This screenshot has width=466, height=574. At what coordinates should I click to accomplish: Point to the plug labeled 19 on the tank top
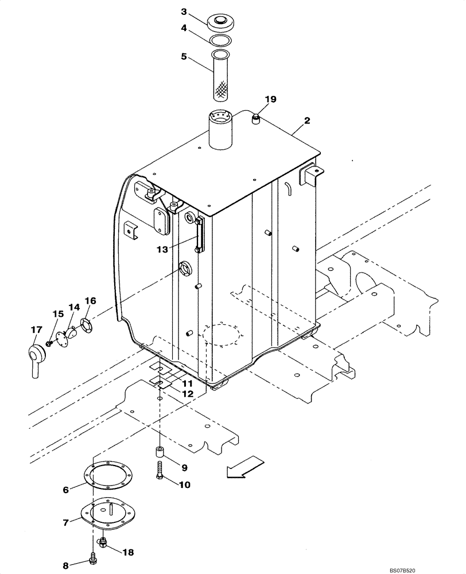point(256,119)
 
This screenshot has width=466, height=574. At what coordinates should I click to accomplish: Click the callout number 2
point(307,121)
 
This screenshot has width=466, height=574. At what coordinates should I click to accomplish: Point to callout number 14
point(73,308)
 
